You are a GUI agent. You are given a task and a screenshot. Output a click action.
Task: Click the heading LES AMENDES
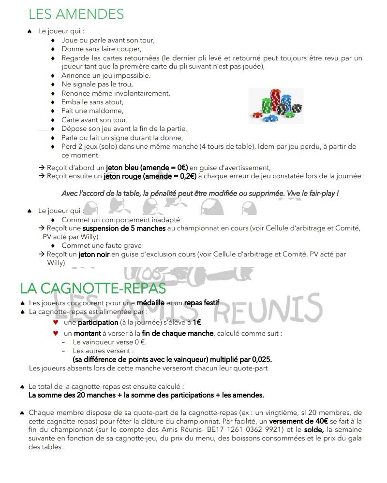tap(76, 14)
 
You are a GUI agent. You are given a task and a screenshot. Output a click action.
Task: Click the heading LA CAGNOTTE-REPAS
tap(93, 288)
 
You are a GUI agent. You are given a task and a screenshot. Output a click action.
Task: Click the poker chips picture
tap(276, 105)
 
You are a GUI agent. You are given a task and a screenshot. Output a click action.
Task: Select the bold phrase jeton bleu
tap(127, 168)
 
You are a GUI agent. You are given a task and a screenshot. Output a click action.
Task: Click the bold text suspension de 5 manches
tap(124, 228)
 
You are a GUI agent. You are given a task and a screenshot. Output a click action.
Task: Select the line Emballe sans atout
tap(92, 102)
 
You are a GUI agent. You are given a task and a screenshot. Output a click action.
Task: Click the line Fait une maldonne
tap(92, 111)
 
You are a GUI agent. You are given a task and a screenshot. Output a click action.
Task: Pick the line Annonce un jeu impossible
tap(105, 75)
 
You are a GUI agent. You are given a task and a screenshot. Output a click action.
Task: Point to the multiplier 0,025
tap(259, 359)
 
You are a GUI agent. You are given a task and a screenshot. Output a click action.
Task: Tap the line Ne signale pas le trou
tap(90, 84)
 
